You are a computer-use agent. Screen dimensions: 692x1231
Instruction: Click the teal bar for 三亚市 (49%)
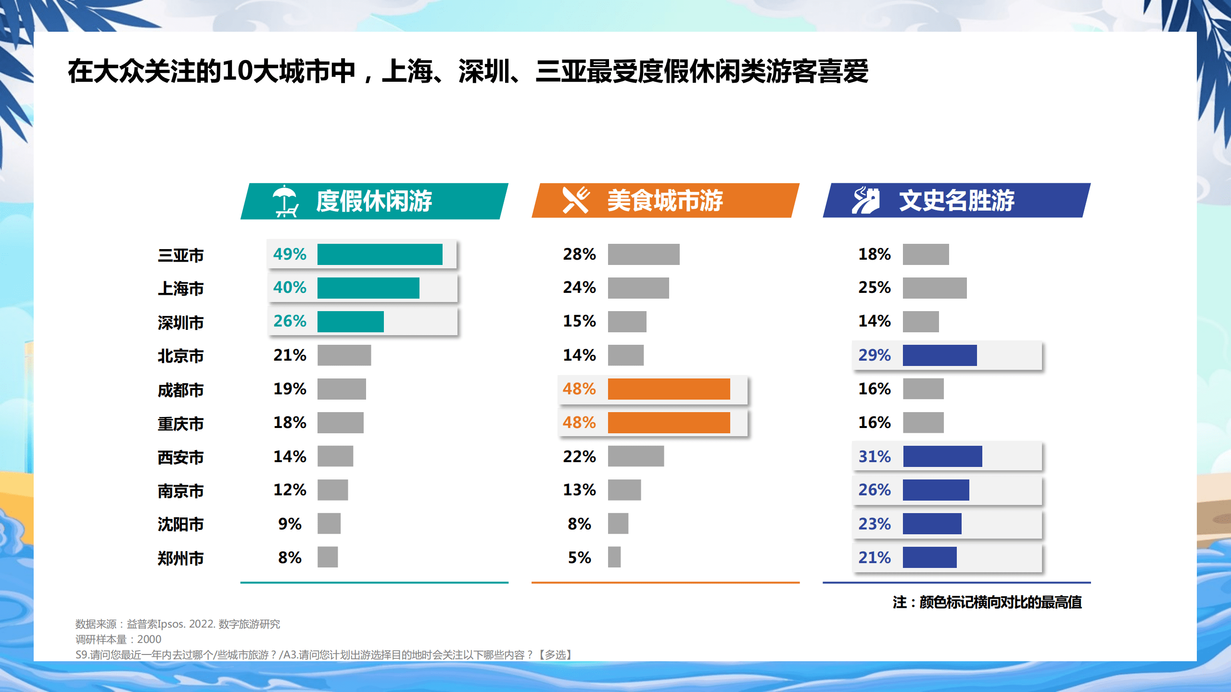coord(380,254)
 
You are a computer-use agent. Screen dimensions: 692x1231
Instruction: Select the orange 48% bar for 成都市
coord(669,389)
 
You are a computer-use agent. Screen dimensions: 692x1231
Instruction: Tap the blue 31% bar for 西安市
coord(942,456)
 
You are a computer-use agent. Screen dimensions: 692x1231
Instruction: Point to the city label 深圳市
coord(180,323)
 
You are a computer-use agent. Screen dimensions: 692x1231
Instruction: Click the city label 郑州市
coord(180,558)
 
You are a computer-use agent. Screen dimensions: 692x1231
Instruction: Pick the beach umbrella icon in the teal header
coord(285,201)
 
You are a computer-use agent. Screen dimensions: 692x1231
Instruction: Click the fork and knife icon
coord(576,200)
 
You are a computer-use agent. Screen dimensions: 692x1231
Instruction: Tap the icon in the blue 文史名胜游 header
coord(866,200)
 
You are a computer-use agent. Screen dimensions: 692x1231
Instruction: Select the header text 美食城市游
coord(665,201)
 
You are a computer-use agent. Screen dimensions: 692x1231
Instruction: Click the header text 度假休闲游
coord(374,201)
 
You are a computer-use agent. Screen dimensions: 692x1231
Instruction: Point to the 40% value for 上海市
coord(290,288)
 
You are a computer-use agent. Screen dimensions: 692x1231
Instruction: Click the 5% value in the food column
coord(579,558)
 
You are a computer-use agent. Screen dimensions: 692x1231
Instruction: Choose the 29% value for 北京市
coord(874,355)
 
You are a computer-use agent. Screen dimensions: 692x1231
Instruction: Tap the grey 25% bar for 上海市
coord(934,288)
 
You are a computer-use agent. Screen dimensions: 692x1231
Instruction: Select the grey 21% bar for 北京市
coord(344,355)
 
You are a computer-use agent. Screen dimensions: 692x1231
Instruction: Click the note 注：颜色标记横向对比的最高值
coord(987,602)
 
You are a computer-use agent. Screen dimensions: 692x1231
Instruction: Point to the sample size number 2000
coord(149,640)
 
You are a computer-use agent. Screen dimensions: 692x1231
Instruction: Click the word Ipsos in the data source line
coord(171,624)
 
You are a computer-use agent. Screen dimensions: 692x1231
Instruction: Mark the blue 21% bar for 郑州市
coord(929,557)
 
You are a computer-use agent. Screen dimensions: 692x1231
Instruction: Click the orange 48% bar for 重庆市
coord(669,423)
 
